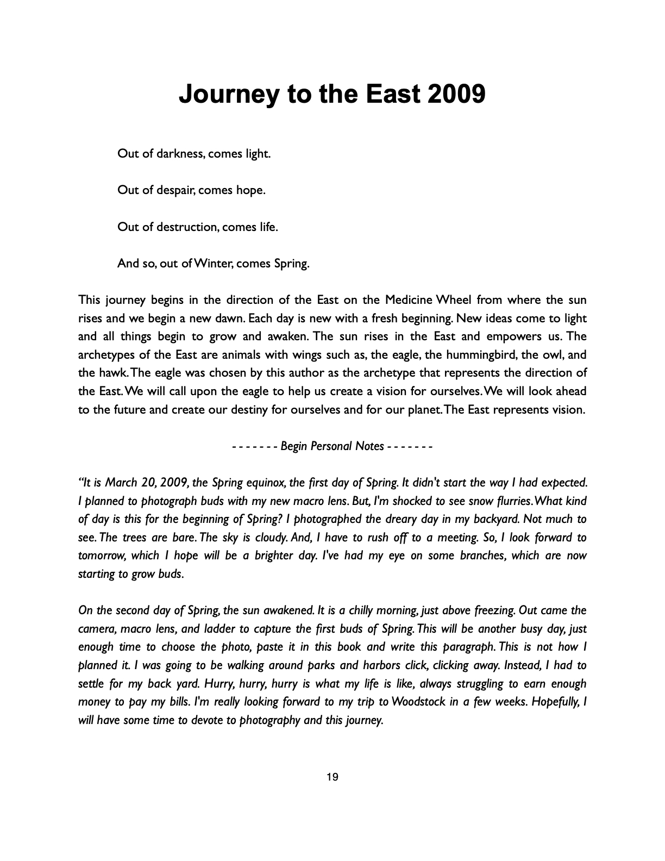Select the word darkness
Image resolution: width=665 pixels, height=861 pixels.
[180, 154]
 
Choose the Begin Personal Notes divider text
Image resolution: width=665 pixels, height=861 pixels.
[332, 446]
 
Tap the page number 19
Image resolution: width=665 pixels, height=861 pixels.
[332, 777]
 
